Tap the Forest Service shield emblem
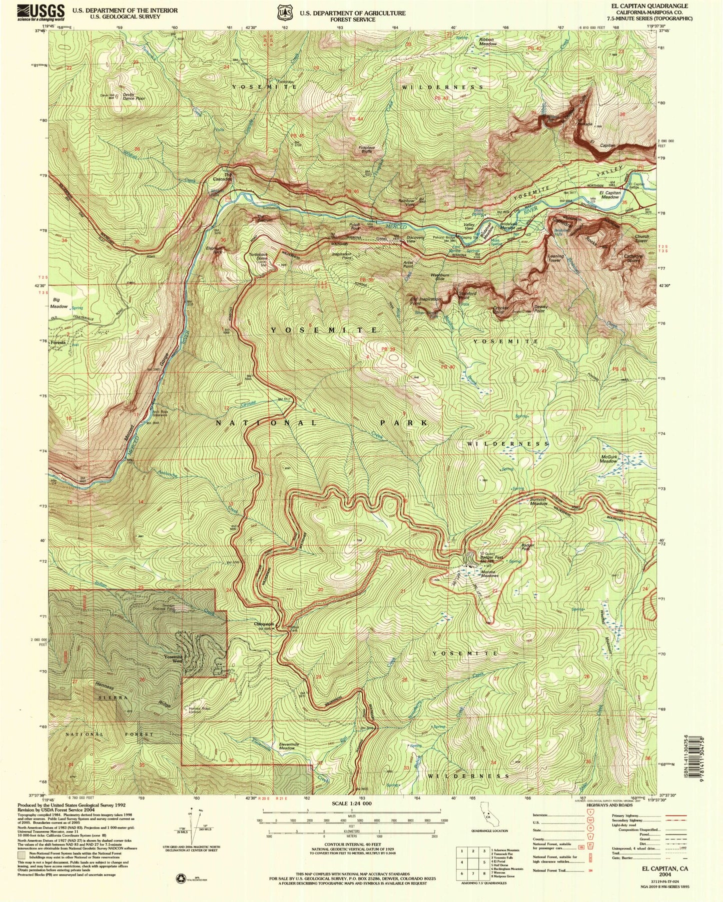[285, 12]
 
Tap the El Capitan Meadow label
[610, 195]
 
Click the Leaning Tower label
[555, 258]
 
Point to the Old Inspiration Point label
[425, 301]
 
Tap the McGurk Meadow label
[608, 458]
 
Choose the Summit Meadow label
[539, 501]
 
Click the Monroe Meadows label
[489, 573]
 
